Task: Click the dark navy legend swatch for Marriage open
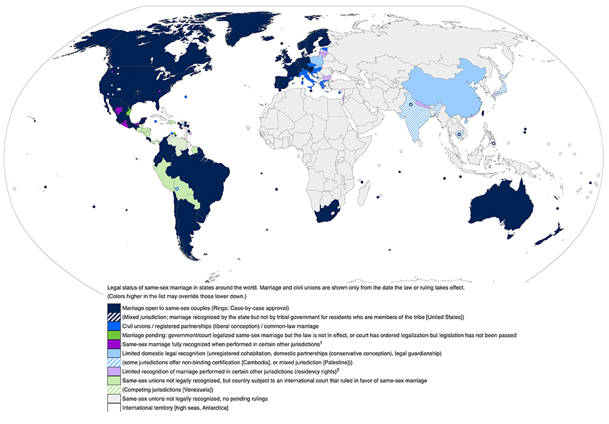coord(114,308)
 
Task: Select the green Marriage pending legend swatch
coord(114,334)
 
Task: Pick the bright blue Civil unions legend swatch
coord(114,326)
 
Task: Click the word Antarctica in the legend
coord(211,408)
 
